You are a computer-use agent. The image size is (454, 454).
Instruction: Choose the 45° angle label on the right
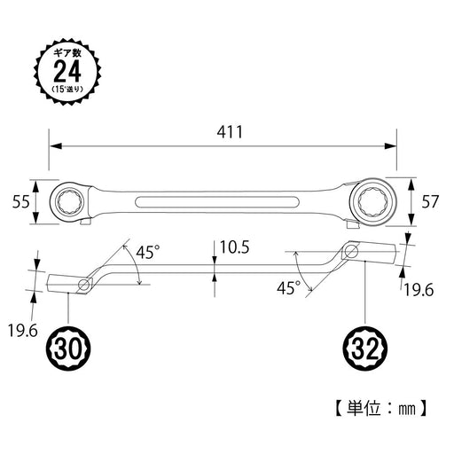[289, 287]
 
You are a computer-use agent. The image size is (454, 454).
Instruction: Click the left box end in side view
[67, 284]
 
